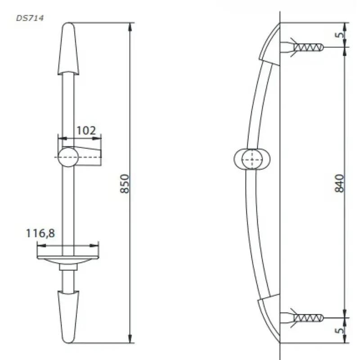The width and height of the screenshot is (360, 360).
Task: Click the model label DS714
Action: (30, 18)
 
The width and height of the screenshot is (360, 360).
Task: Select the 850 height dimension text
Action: (125, 184)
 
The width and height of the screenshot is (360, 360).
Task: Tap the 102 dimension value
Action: (86, 130)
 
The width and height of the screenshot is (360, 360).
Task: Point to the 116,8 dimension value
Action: (40, 233)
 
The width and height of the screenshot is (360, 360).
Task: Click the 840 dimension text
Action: (339, 183)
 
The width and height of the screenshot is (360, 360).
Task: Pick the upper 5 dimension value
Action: (340, 35)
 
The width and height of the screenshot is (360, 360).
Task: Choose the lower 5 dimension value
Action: (340, 331)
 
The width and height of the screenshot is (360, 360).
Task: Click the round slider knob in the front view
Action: (68, 157)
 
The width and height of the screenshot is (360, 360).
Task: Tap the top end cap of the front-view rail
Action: (68, 49)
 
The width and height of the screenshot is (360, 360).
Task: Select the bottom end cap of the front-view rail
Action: (68, 317)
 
